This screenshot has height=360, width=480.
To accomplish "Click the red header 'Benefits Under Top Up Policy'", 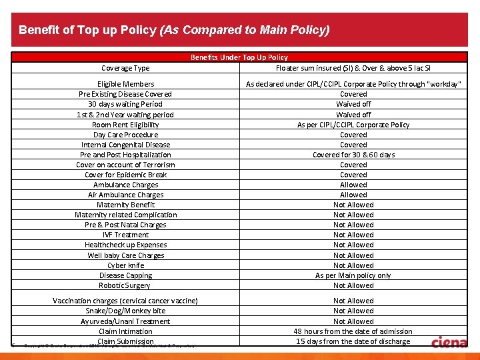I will [x=239, y=57].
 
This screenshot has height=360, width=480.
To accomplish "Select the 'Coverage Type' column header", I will [x=125, y=68].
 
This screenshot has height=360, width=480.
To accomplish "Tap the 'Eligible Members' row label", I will [x=125, y=84].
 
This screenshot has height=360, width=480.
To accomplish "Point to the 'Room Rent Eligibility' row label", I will [x=125, y=125].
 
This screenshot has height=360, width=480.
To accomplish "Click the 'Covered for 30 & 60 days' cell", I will [x=353, y=155].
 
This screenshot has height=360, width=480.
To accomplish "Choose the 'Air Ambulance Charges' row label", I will [x=125, y=195].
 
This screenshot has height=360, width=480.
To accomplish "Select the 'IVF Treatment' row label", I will [x=125, y=235].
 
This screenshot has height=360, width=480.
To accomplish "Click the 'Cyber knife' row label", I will [x=125, y=265].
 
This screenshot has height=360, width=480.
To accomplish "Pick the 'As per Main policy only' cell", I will [x=353, y=275].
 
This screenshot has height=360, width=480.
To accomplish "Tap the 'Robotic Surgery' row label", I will [x=125, y=285].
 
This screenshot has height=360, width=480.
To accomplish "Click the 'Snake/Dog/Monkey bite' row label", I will [x=125, y=311].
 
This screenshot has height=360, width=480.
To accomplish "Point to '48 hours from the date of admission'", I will [x=353, y=331].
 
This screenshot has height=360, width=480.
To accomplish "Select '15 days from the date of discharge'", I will [x=353, y=341].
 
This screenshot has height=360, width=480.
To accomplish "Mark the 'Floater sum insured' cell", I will [x=353, y=68].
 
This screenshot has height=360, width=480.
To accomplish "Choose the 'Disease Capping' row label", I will [x=125, y=275].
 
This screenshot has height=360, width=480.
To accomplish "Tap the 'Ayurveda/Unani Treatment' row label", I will [x=125, y=321].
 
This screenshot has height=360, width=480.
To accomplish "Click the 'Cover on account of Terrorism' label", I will [x=125, y=165].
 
